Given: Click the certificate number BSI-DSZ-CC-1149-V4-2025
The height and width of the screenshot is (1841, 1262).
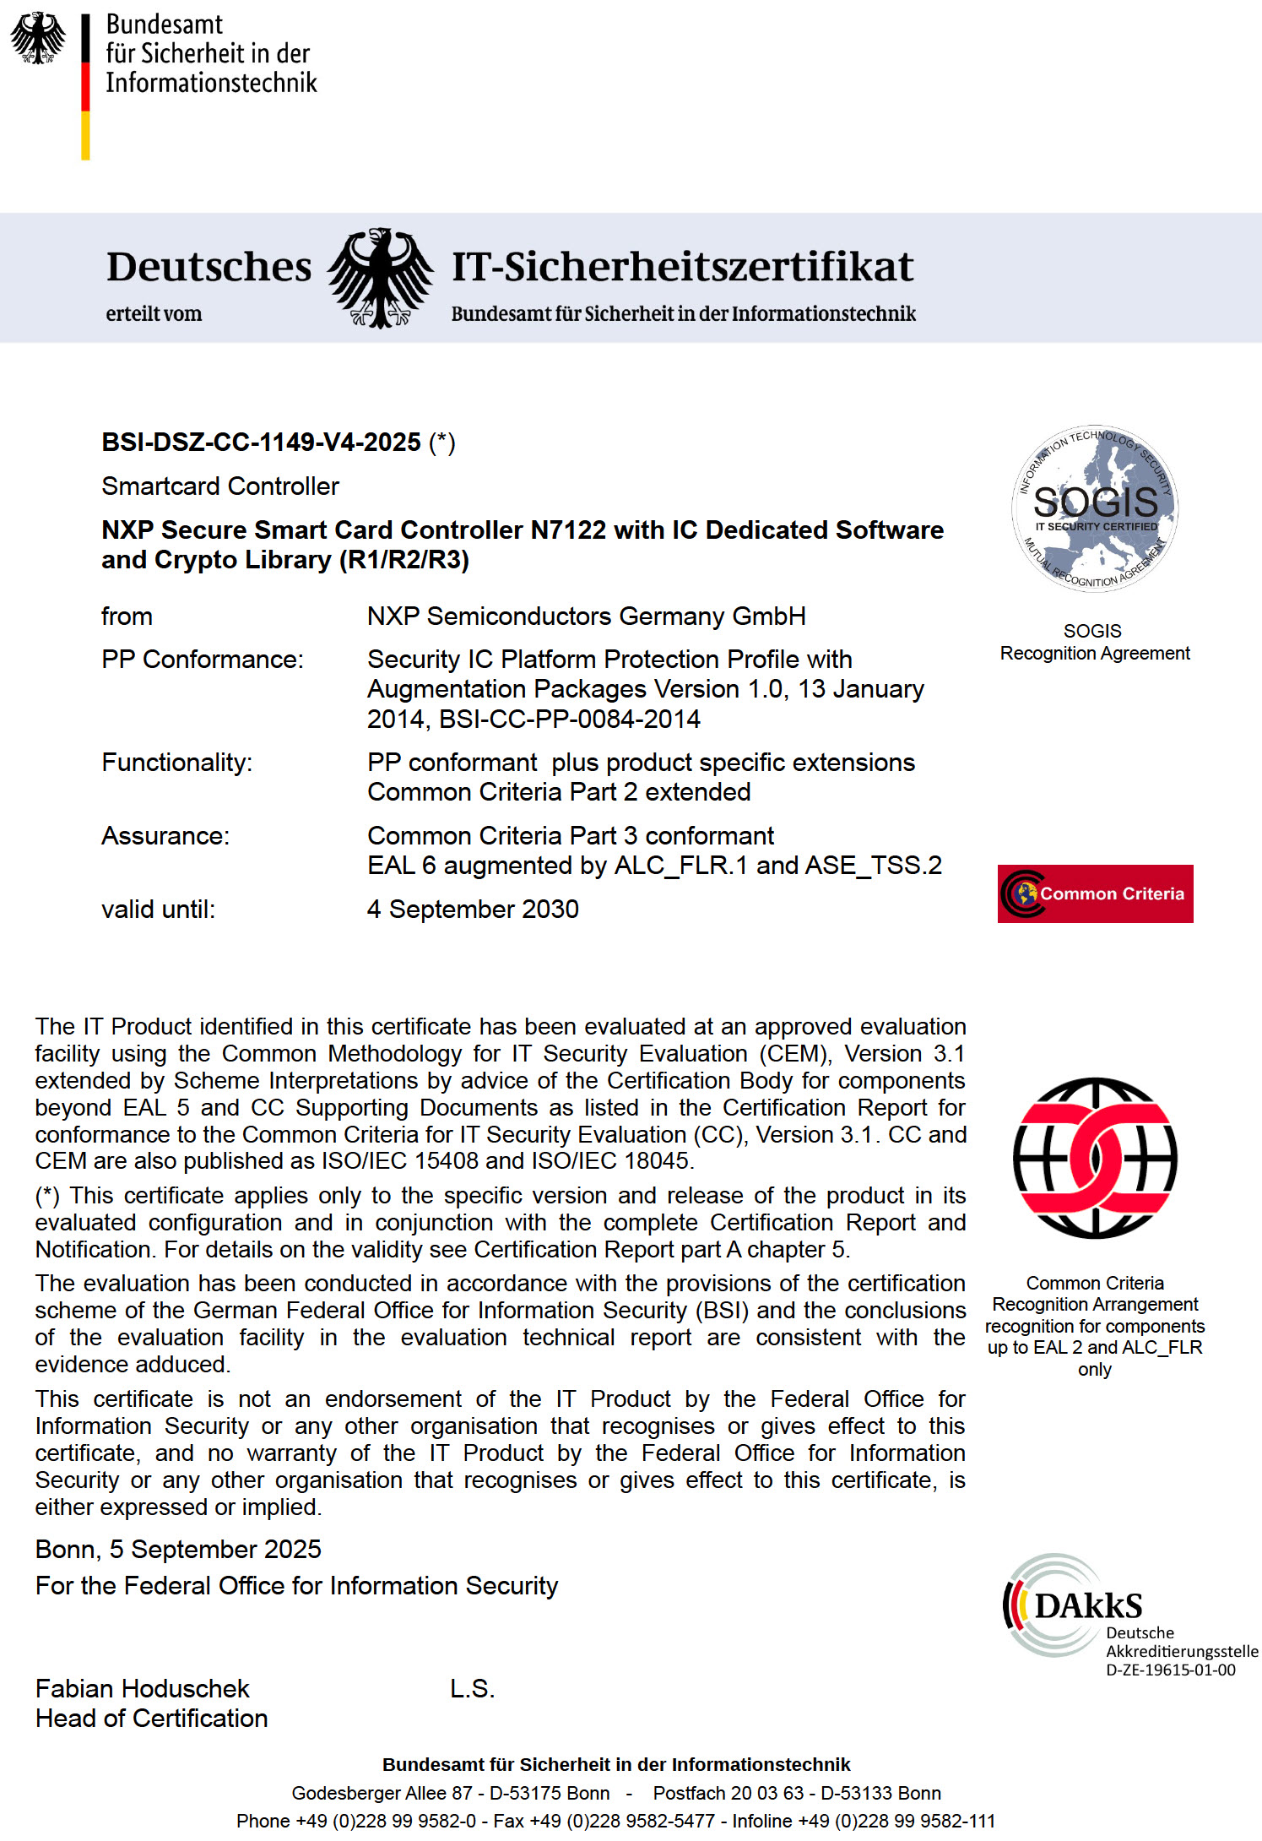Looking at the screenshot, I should click(261, 443).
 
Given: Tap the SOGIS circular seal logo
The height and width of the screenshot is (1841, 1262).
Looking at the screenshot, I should click(1095, 508).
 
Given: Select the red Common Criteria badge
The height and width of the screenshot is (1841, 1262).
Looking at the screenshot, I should click(1095, 893).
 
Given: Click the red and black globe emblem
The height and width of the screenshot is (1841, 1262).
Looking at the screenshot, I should click(1095, 1158).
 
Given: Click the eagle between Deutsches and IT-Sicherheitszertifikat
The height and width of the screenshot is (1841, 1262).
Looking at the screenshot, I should click(382, 277).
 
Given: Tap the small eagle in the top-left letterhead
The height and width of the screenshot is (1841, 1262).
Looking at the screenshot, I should click(38, 38).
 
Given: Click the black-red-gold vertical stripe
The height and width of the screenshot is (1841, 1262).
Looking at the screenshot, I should click(85, 87).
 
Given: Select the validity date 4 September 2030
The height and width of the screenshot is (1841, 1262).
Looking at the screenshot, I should click(473, 910).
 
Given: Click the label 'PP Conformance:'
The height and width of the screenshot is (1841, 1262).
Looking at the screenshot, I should click(203, 660).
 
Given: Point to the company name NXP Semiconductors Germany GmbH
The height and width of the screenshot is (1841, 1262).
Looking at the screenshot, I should click(586, 616).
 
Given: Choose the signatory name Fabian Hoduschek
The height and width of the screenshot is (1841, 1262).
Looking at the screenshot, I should click(143, 1688).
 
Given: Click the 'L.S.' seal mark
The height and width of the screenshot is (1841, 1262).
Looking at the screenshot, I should click(472, 1688).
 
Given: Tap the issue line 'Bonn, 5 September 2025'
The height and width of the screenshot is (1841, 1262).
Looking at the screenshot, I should click(178, 1549).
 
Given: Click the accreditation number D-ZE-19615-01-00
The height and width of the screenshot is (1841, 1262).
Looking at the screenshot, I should click(1171, 1670).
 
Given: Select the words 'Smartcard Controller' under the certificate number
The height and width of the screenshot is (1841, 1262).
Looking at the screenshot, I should click(220, 486).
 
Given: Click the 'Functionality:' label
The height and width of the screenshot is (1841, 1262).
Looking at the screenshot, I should click(176, 763).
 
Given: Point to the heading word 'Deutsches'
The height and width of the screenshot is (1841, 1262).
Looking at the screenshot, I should click(209, 267).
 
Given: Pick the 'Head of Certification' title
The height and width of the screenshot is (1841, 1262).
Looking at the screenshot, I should click(151, 1718).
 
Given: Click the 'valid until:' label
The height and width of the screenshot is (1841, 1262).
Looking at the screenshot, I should click(158, 910).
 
